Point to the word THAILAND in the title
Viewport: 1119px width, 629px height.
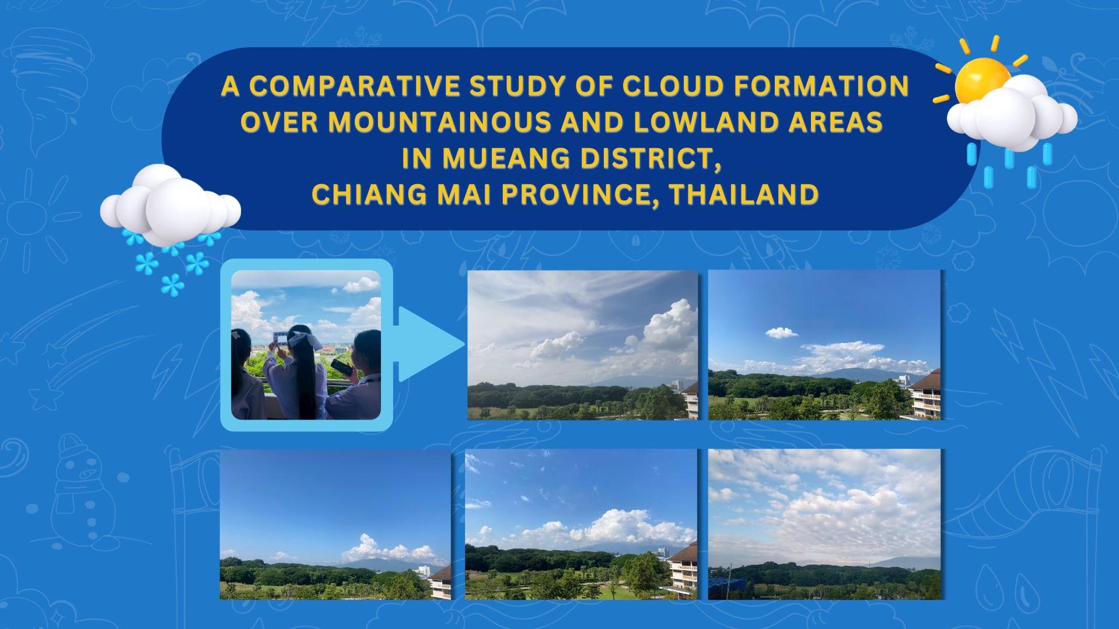pos(744,194)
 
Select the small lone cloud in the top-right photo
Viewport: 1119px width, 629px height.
pos(781,333)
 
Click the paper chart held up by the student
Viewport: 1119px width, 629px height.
pos(281,338)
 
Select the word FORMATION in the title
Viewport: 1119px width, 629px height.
pos(821,86)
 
